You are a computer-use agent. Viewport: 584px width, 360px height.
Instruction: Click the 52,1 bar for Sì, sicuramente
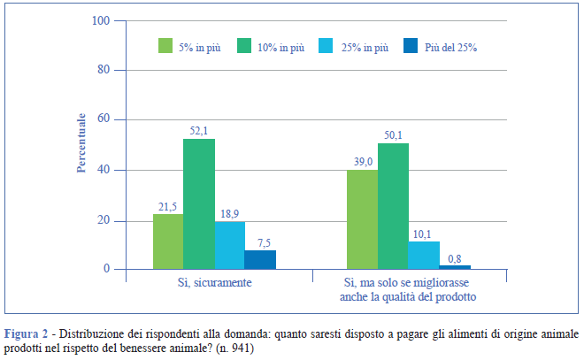pyautogui.click(x=199, y=203)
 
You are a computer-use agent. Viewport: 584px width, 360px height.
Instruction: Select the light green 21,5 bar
pyautogui.click(x=168, y=241)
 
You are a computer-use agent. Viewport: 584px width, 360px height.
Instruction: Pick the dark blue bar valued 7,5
pyautogui.click(x=260, y=259)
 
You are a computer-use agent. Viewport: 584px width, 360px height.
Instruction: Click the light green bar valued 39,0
pyautogui.click(x=362, y=219)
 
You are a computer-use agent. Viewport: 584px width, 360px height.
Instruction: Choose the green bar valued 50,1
pyautogui.click(x=393, y=206)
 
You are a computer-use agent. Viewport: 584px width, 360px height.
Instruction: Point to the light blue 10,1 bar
pyautogui.click(x=424, y=255)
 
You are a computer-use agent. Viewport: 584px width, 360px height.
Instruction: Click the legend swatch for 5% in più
pyautogui.click(x=166, y=47)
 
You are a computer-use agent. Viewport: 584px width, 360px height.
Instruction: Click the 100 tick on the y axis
pyautogui.click(x=101, y=20)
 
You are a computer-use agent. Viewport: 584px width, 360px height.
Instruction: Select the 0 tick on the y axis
pyautogui.click(x=106, y=269)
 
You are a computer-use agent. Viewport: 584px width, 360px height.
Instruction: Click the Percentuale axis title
pyautogui.click(x=81, y=142)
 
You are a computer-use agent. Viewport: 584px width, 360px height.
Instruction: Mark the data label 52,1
pyautogui.click(x=199, y=131)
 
